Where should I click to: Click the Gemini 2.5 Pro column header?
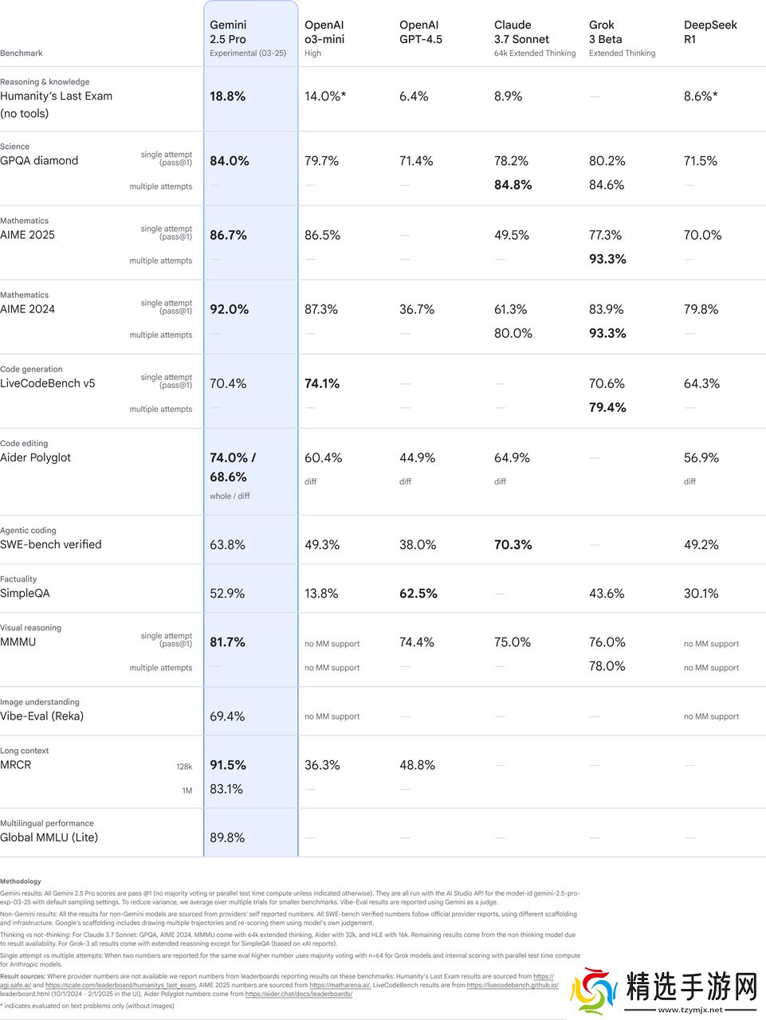228,32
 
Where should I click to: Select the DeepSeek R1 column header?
710,32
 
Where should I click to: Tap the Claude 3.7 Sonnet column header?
521,32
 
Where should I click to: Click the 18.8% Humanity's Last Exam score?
228,96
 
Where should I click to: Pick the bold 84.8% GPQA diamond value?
513,185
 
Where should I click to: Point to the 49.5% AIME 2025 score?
512,235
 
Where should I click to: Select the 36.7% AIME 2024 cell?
417,309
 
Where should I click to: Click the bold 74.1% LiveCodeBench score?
322,383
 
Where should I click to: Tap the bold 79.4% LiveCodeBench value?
607,407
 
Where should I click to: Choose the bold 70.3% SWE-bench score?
513,545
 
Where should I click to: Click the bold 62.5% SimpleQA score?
418,594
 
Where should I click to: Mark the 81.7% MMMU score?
228,642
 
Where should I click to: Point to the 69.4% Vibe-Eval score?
227,716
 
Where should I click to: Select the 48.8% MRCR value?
417,765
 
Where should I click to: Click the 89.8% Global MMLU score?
227,838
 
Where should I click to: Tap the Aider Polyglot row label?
36,457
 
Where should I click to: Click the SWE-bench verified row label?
51,545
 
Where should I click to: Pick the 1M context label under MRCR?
187,790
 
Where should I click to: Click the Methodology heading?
21,881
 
